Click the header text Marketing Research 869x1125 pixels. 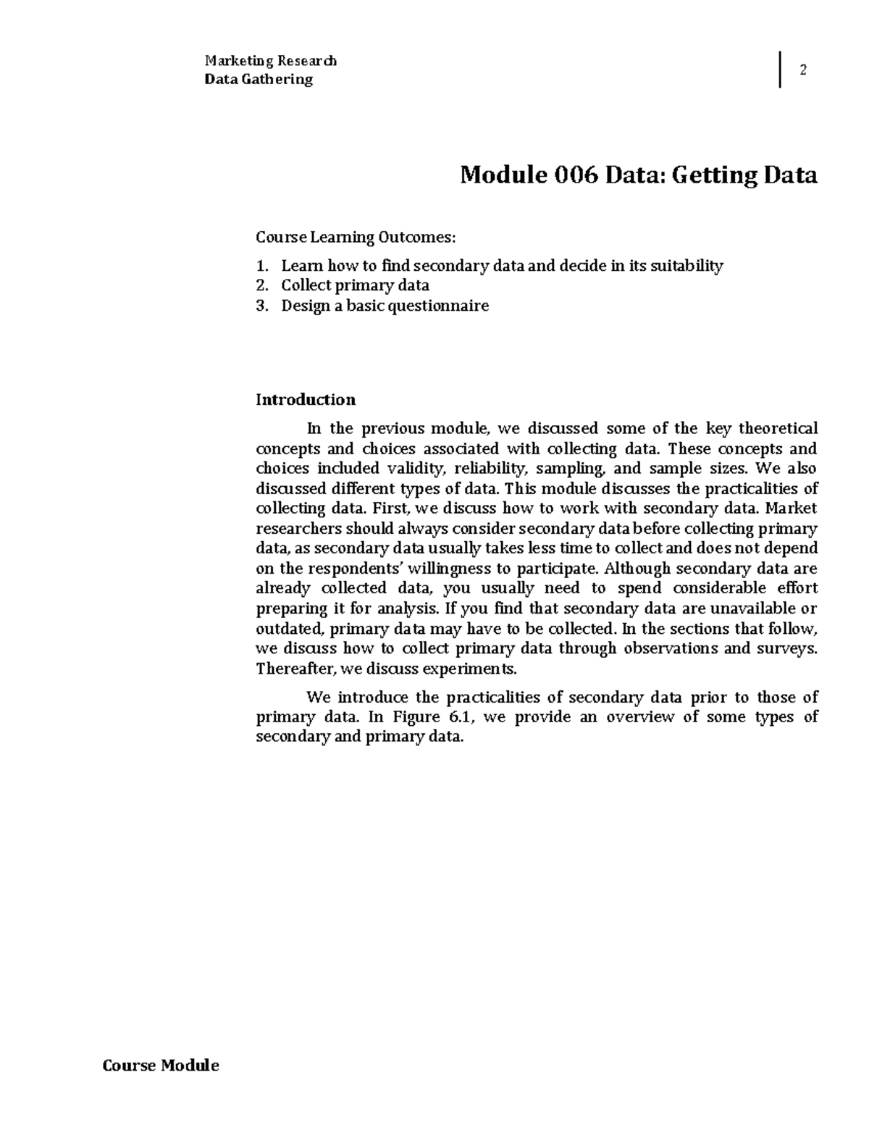coord(270,61)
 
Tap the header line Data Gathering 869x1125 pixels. coord(259,80)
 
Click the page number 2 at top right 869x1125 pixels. coord(802,70)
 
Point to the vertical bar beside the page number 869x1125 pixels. coord(780,70)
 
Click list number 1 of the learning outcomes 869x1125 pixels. coord(261,266)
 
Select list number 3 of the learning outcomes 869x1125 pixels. coord(261,306)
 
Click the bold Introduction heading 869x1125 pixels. coord(306,400)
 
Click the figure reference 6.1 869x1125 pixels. coord(456,717)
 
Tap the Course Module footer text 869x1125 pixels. coord(161,1065)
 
